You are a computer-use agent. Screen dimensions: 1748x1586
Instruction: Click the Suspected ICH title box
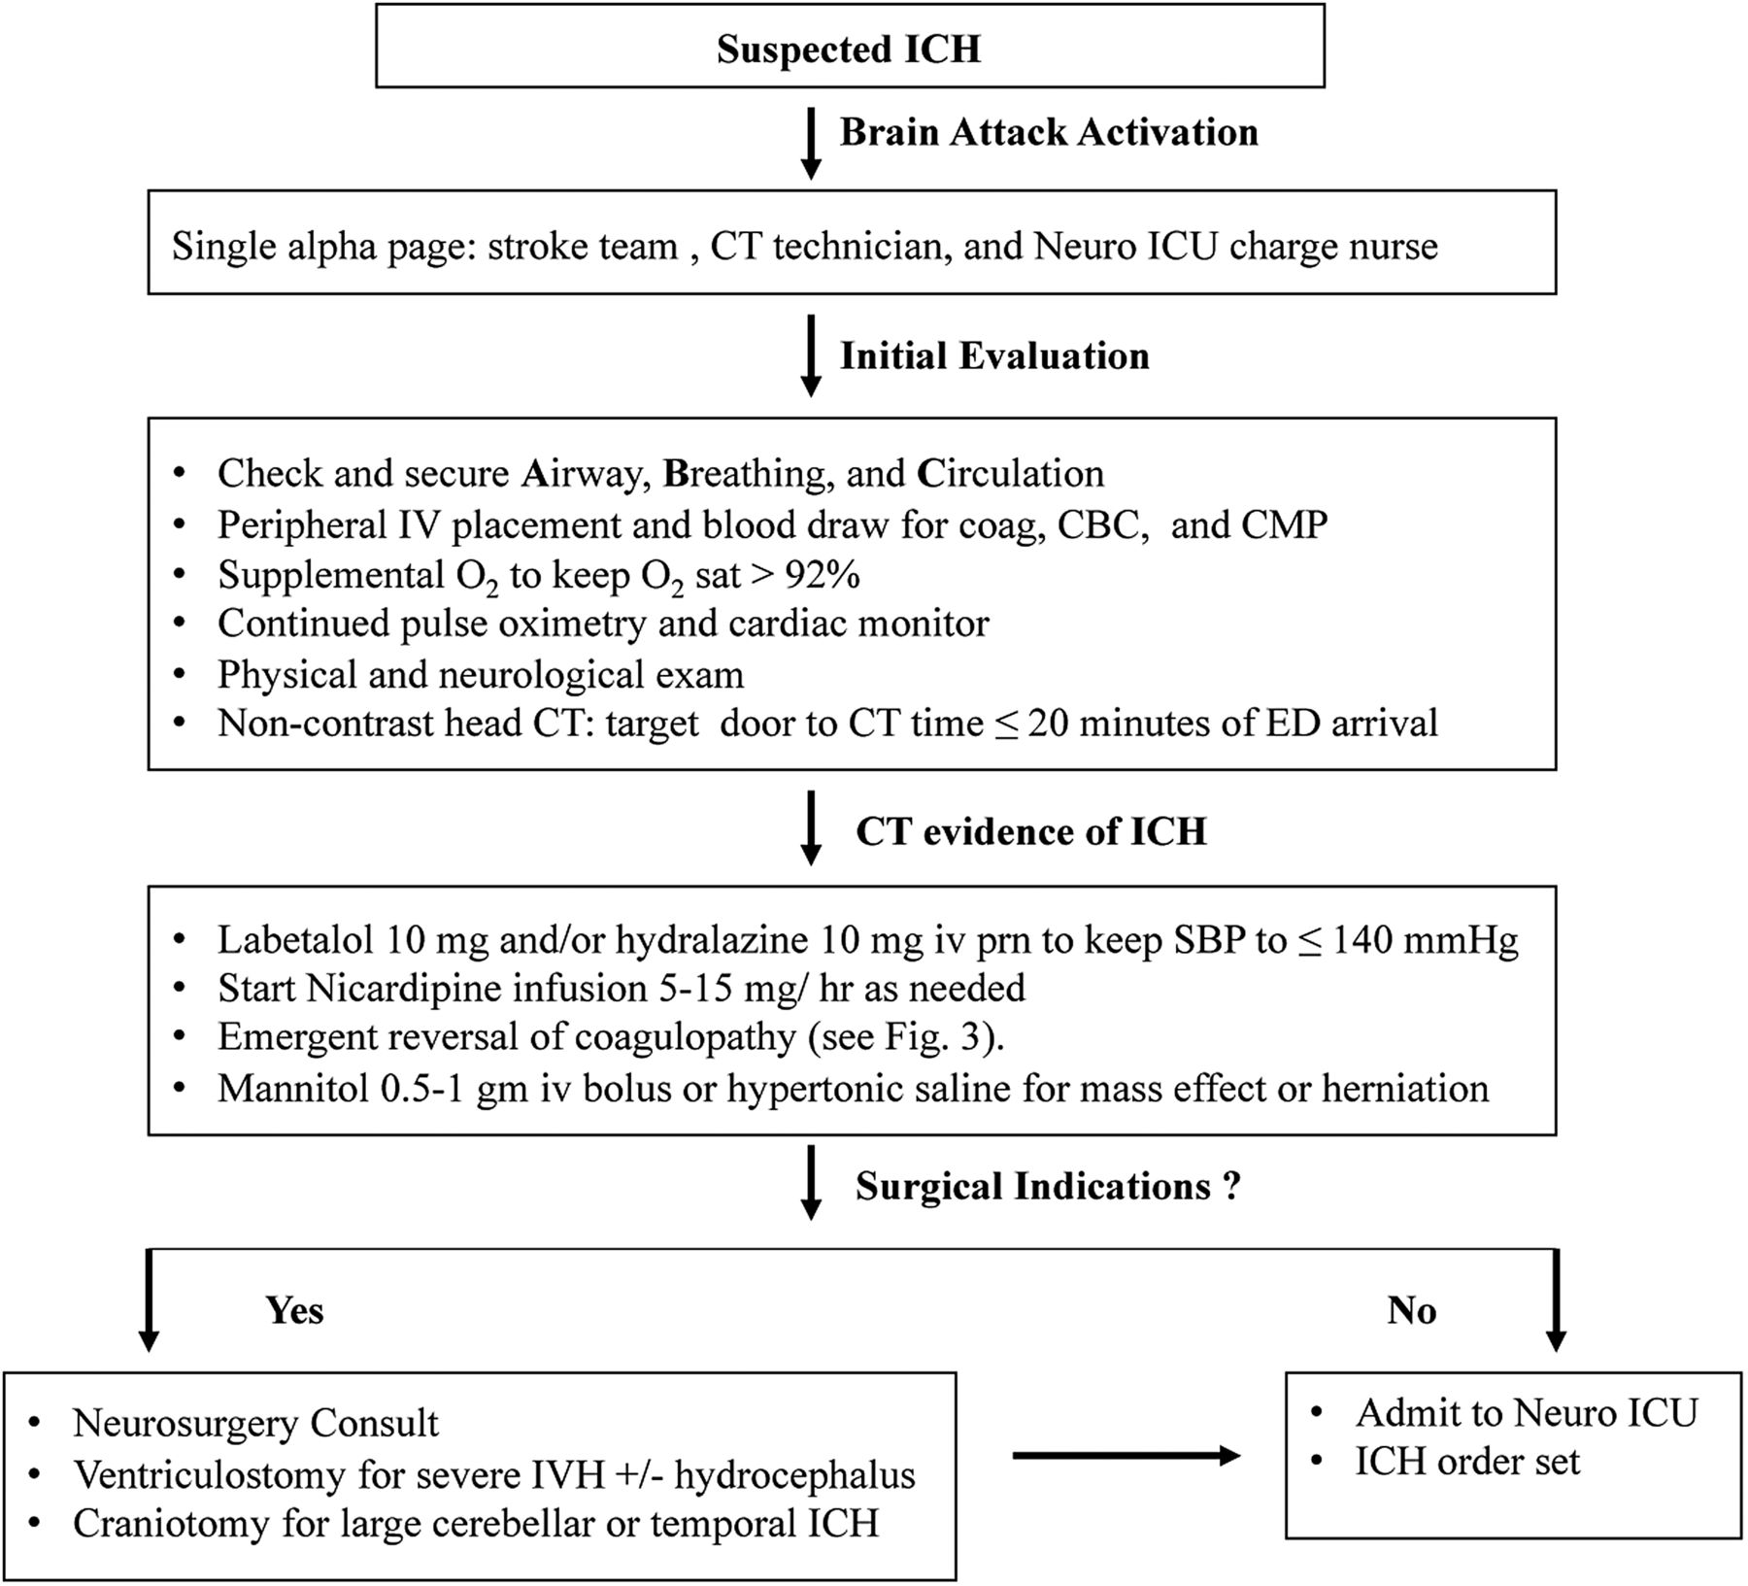coord(850,46)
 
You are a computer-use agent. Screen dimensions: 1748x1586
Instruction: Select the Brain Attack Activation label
coord(1049,132)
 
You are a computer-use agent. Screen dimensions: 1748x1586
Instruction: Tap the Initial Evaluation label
coord(994,355)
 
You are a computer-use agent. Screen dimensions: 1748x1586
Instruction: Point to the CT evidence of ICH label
coord(1031,831)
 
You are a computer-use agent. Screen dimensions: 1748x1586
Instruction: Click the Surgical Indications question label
coord(1048,1186)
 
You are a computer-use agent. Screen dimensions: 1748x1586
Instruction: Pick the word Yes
coord(294,1310)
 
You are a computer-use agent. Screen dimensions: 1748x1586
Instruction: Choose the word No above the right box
coord(1411,1310)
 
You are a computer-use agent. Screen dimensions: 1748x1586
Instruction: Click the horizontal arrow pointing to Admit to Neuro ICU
coord(1126,1455)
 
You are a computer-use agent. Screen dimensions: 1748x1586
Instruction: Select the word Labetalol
coord(295,939)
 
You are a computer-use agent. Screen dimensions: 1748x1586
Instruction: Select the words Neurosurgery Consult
coord(255,1423)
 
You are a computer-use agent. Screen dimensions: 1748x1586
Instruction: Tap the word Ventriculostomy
coord(210,1474)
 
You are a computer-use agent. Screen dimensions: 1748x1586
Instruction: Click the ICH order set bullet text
coord(1467,1461)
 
